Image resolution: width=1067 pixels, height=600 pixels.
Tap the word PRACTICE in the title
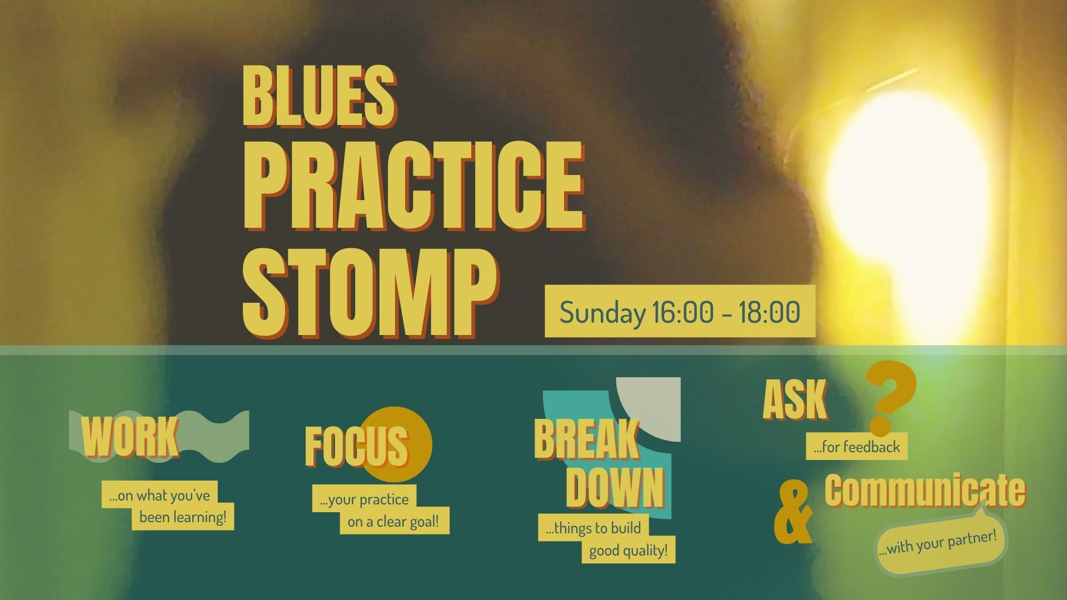[414, 186]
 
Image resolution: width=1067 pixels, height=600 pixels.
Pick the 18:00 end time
[769, 312]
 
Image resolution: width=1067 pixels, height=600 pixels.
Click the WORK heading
[131, 437]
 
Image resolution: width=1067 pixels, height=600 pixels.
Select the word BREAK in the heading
[587, 439]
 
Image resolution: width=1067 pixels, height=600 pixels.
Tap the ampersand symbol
[794, 512]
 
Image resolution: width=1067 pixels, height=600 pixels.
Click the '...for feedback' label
[856, 447]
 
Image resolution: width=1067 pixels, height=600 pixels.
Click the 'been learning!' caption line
[183, 517]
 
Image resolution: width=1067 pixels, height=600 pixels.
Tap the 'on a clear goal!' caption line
[394, 522]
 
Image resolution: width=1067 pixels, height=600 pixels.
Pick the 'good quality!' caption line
[629, 551]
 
